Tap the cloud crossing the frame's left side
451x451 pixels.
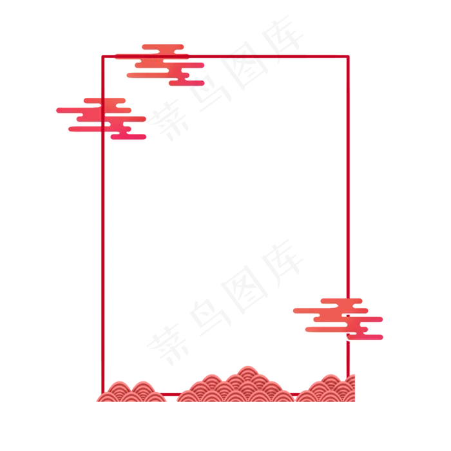[x=103, y=117]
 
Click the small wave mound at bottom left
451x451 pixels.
[x=131, y=392]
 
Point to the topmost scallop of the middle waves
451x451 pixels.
[x=247, y=369]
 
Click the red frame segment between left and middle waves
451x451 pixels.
[x=171, y=394]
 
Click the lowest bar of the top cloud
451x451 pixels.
[x=187, y=83]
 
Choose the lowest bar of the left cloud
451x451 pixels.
[x=129, y=137]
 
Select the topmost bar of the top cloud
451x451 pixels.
[x=162, y=46]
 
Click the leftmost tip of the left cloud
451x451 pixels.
[x=53, y=113]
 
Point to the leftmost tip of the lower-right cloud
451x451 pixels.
[x=291, y=312]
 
